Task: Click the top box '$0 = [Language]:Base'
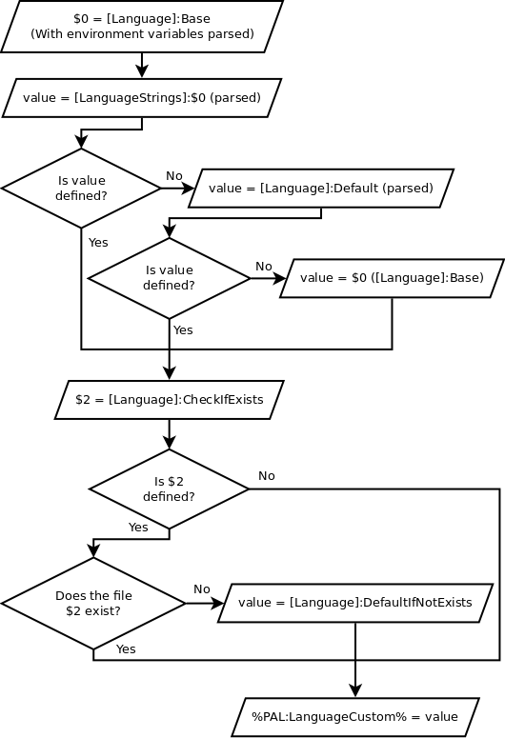pyautogui.click(x=142, y=26)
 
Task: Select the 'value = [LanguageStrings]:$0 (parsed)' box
pyautogui.click(x=142, y=96)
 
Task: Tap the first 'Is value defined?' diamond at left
pyautogui.click(x=82, y=188)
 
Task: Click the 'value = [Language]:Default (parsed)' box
pyautogui.click(x=320, y=188)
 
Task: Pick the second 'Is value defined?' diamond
pyautogui.click(x=169, y=278)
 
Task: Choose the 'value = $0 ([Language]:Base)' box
pyautogui.click(x=392, y=278)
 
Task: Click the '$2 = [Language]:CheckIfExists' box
pyautogui.click(x=169, y=399)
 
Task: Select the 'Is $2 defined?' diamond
pyautogui.click(x=169, y=489)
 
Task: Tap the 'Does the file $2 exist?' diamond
pyautogui.click(x=93, y=603)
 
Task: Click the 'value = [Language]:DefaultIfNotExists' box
pyautogui.click(x=354, y=603)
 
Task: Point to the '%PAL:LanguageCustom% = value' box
pyautogui.click(x=354, y=716)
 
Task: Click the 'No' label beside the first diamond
pyautogui.click(x=174, y=176)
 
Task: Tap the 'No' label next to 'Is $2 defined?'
pyautogui.click(x=267, y=476)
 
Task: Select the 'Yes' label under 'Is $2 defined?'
pyautogui.click(x=138, y=527)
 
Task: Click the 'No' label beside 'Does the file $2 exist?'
pyautogui.click(x=202, y=589)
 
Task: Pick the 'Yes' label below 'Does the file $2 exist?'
pyautogui.click(x=126, y=648)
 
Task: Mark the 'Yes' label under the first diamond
pyautogui.click(x=98, y=243)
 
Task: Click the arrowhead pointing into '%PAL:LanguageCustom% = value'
pyautogui.click(x=354, y=691)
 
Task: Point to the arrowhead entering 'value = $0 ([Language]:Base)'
pyautogui.click(x=278, y=278)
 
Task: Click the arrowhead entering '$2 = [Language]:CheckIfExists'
pyautogui.click(x=169, y=374)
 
